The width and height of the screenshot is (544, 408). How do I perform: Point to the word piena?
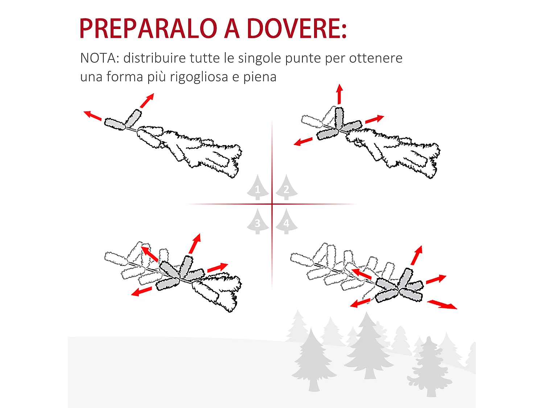(260, 77)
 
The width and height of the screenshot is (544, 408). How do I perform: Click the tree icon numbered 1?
(257, 188)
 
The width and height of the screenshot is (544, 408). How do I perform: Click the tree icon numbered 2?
(287, 188)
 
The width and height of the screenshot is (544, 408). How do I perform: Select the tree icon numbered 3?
(257, 222)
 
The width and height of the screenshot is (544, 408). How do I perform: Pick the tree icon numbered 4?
(287, 222)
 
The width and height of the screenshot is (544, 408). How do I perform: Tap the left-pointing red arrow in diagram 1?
(92, 115)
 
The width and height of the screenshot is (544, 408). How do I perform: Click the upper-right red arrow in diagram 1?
(147, 100)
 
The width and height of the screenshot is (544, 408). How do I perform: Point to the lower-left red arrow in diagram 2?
(303, 141)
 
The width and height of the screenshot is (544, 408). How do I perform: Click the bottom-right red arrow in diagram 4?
(442, 305)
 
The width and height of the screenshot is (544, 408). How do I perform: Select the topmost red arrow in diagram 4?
(417, 255)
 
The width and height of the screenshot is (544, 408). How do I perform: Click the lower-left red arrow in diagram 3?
(141, 291)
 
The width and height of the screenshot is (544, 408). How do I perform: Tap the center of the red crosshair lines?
(272, 204)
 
